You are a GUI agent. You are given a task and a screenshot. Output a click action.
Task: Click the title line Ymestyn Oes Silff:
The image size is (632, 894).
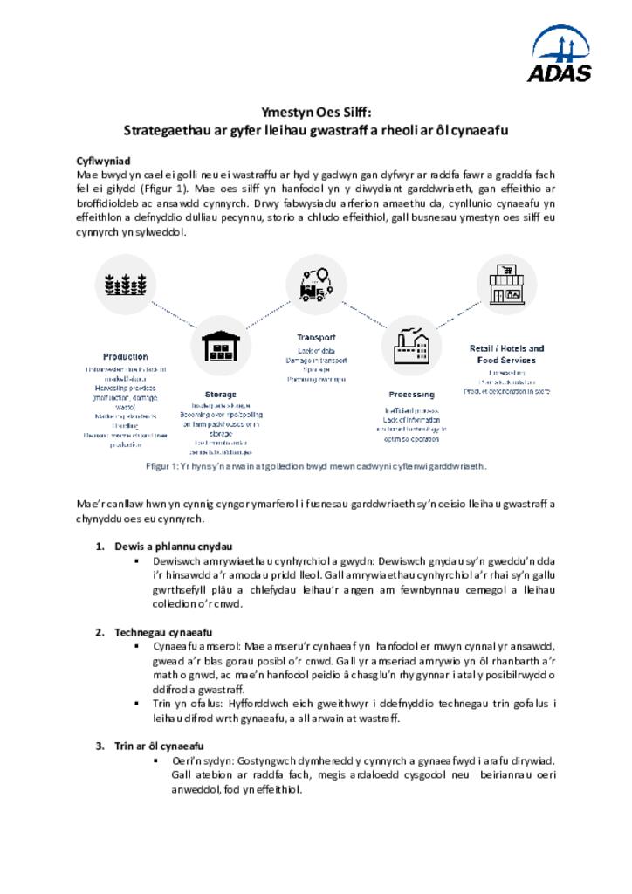316,113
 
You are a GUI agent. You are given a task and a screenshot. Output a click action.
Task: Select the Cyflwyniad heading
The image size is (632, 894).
103,162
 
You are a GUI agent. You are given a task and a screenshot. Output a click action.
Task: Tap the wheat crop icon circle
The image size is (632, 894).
125,284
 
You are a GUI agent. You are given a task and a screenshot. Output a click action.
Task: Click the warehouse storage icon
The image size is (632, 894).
220,346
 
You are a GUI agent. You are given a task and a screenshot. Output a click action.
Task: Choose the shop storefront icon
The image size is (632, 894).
506,284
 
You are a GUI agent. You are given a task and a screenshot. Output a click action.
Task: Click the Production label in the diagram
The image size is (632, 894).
126,356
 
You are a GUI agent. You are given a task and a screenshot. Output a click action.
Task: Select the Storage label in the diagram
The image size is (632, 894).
220,394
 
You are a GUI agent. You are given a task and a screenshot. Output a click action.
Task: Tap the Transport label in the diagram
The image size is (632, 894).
315,337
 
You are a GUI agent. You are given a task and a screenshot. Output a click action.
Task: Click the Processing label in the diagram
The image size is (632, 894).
411,395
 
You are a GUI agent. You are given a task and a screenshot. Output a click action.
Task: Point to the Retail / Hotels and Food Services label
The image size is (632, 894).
506,354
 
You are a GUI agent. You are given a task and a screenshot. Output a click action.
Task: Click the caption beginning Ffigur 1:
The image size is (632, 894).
315,466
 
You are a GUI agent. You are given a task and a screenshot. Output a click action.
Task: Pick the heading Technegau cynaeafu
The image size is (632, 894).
163,632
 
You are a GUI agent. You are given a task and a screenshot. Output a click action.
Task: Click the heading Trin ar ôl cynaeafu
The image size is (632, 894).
159,746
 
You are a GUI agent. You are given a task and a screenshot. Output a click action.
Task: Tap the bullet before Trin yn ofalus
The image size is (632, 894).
138,703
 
